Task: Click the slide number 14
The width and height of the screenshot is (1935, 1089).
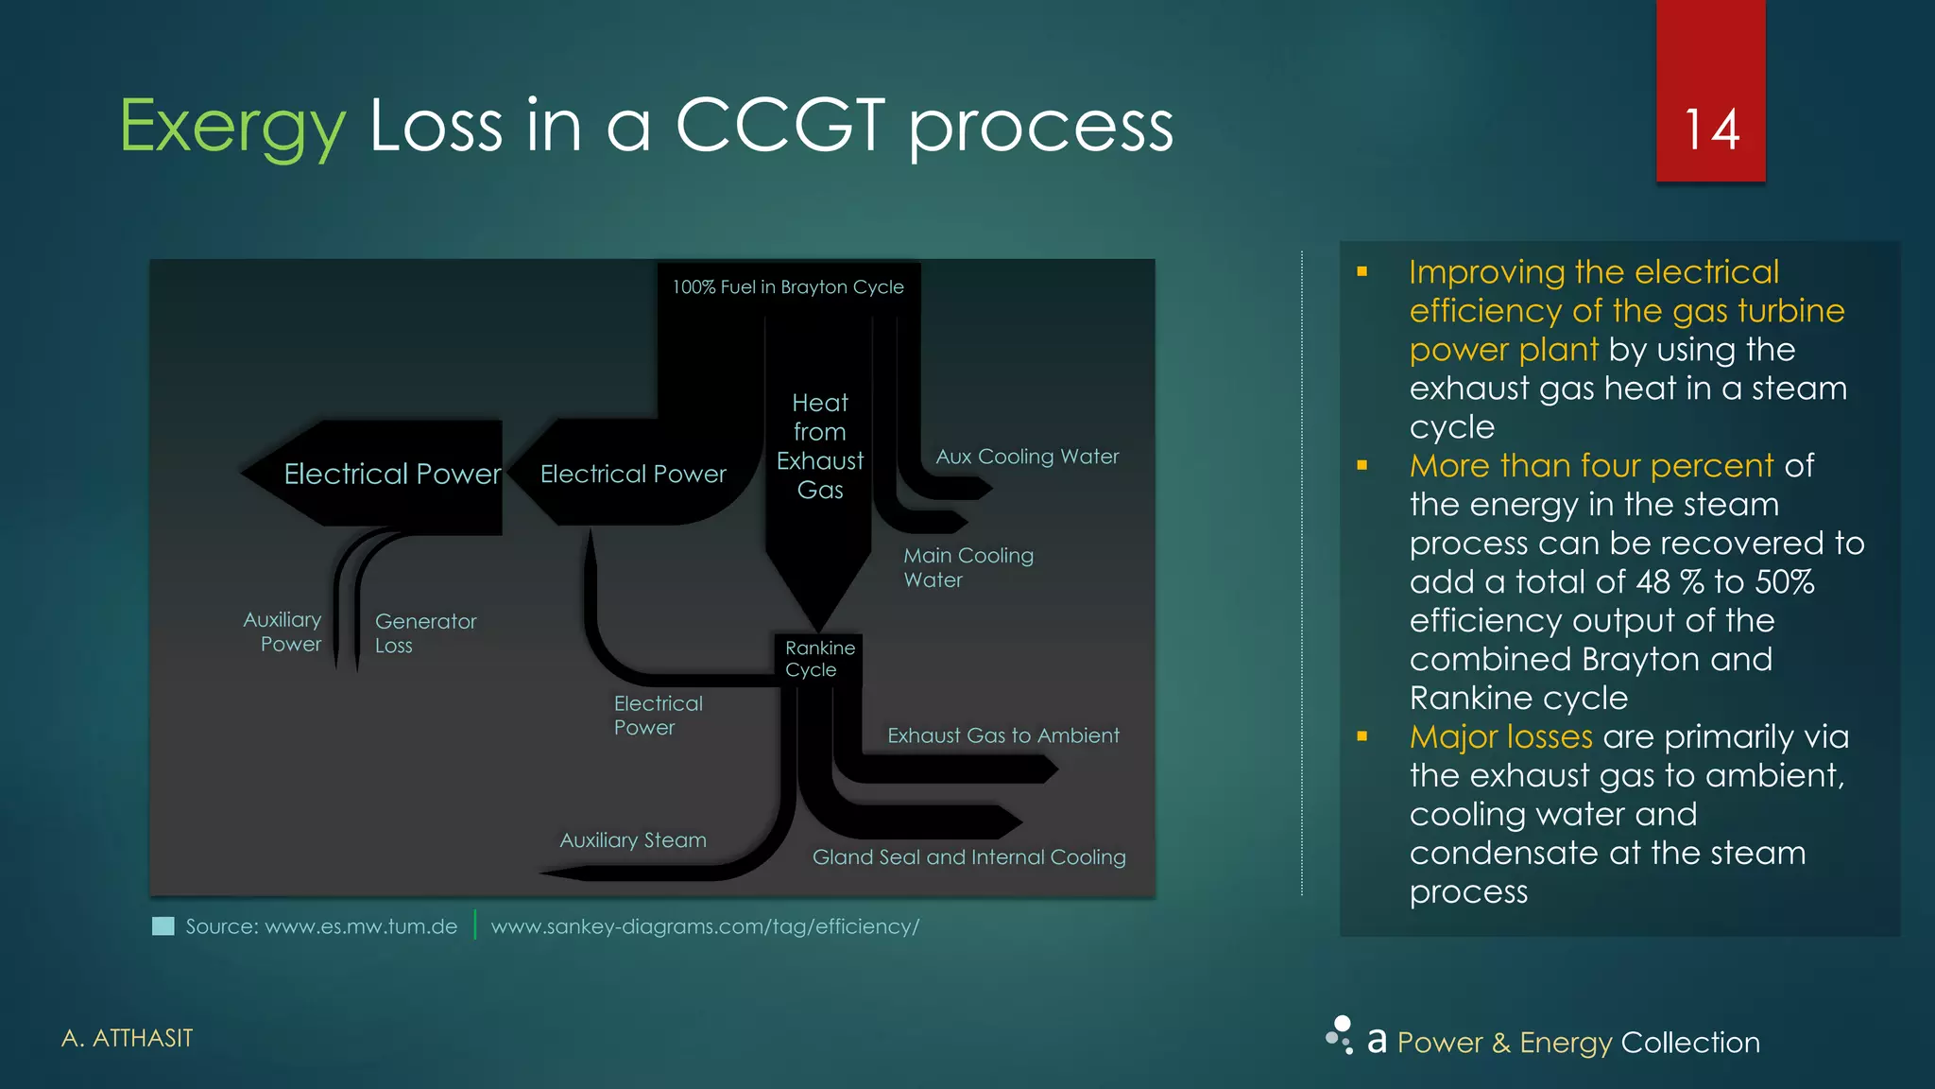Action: [1711, 130]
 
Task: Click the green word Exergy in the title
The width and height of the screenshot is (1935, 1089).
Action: [232, 128]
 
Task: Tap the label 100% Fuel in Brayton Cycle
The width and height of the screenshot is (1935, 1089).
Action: [788, 287]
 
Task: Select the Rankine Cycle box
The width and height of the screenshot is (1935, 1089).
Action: [819, 659]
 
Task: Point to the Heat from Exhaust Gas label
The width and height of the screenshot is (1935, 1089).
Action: [819, 446]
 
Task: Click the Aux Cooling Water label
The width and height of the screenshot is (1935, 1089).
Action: [1027, 457]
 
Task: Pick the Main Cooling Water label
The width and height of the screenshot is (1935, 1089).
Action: [967, 567]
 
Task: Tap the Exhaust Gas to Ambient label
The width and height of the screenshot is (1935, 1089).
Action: [1002, 735]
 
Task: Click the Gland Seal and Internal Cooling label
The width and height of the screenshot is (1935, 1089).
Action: [968, 857]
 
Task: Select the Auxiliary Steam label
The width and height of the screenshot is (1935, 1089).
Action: [632, 840]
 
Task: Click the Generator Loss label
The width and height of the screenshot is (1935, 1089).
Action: [425, 633]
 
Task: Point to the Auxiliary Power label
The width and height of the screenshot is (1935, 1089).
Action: [283, 631]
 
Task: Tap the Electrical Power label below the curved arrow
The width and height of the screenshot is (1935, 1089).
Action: [658, 716]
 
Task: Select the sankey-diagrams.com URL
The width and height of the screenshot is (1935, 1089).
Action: [705, 926]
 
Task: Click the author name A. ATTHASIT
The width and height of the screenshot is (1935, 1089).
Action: [127, 1038]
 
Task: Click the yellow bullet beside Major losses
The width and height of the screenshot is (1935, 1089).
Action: [1361, 736]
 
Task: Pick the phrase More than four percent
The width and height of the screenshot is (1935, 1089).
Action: [1591, 466]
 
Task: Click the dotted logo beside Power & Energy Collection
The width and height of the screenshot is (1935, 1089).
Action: [1340, 1035]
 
